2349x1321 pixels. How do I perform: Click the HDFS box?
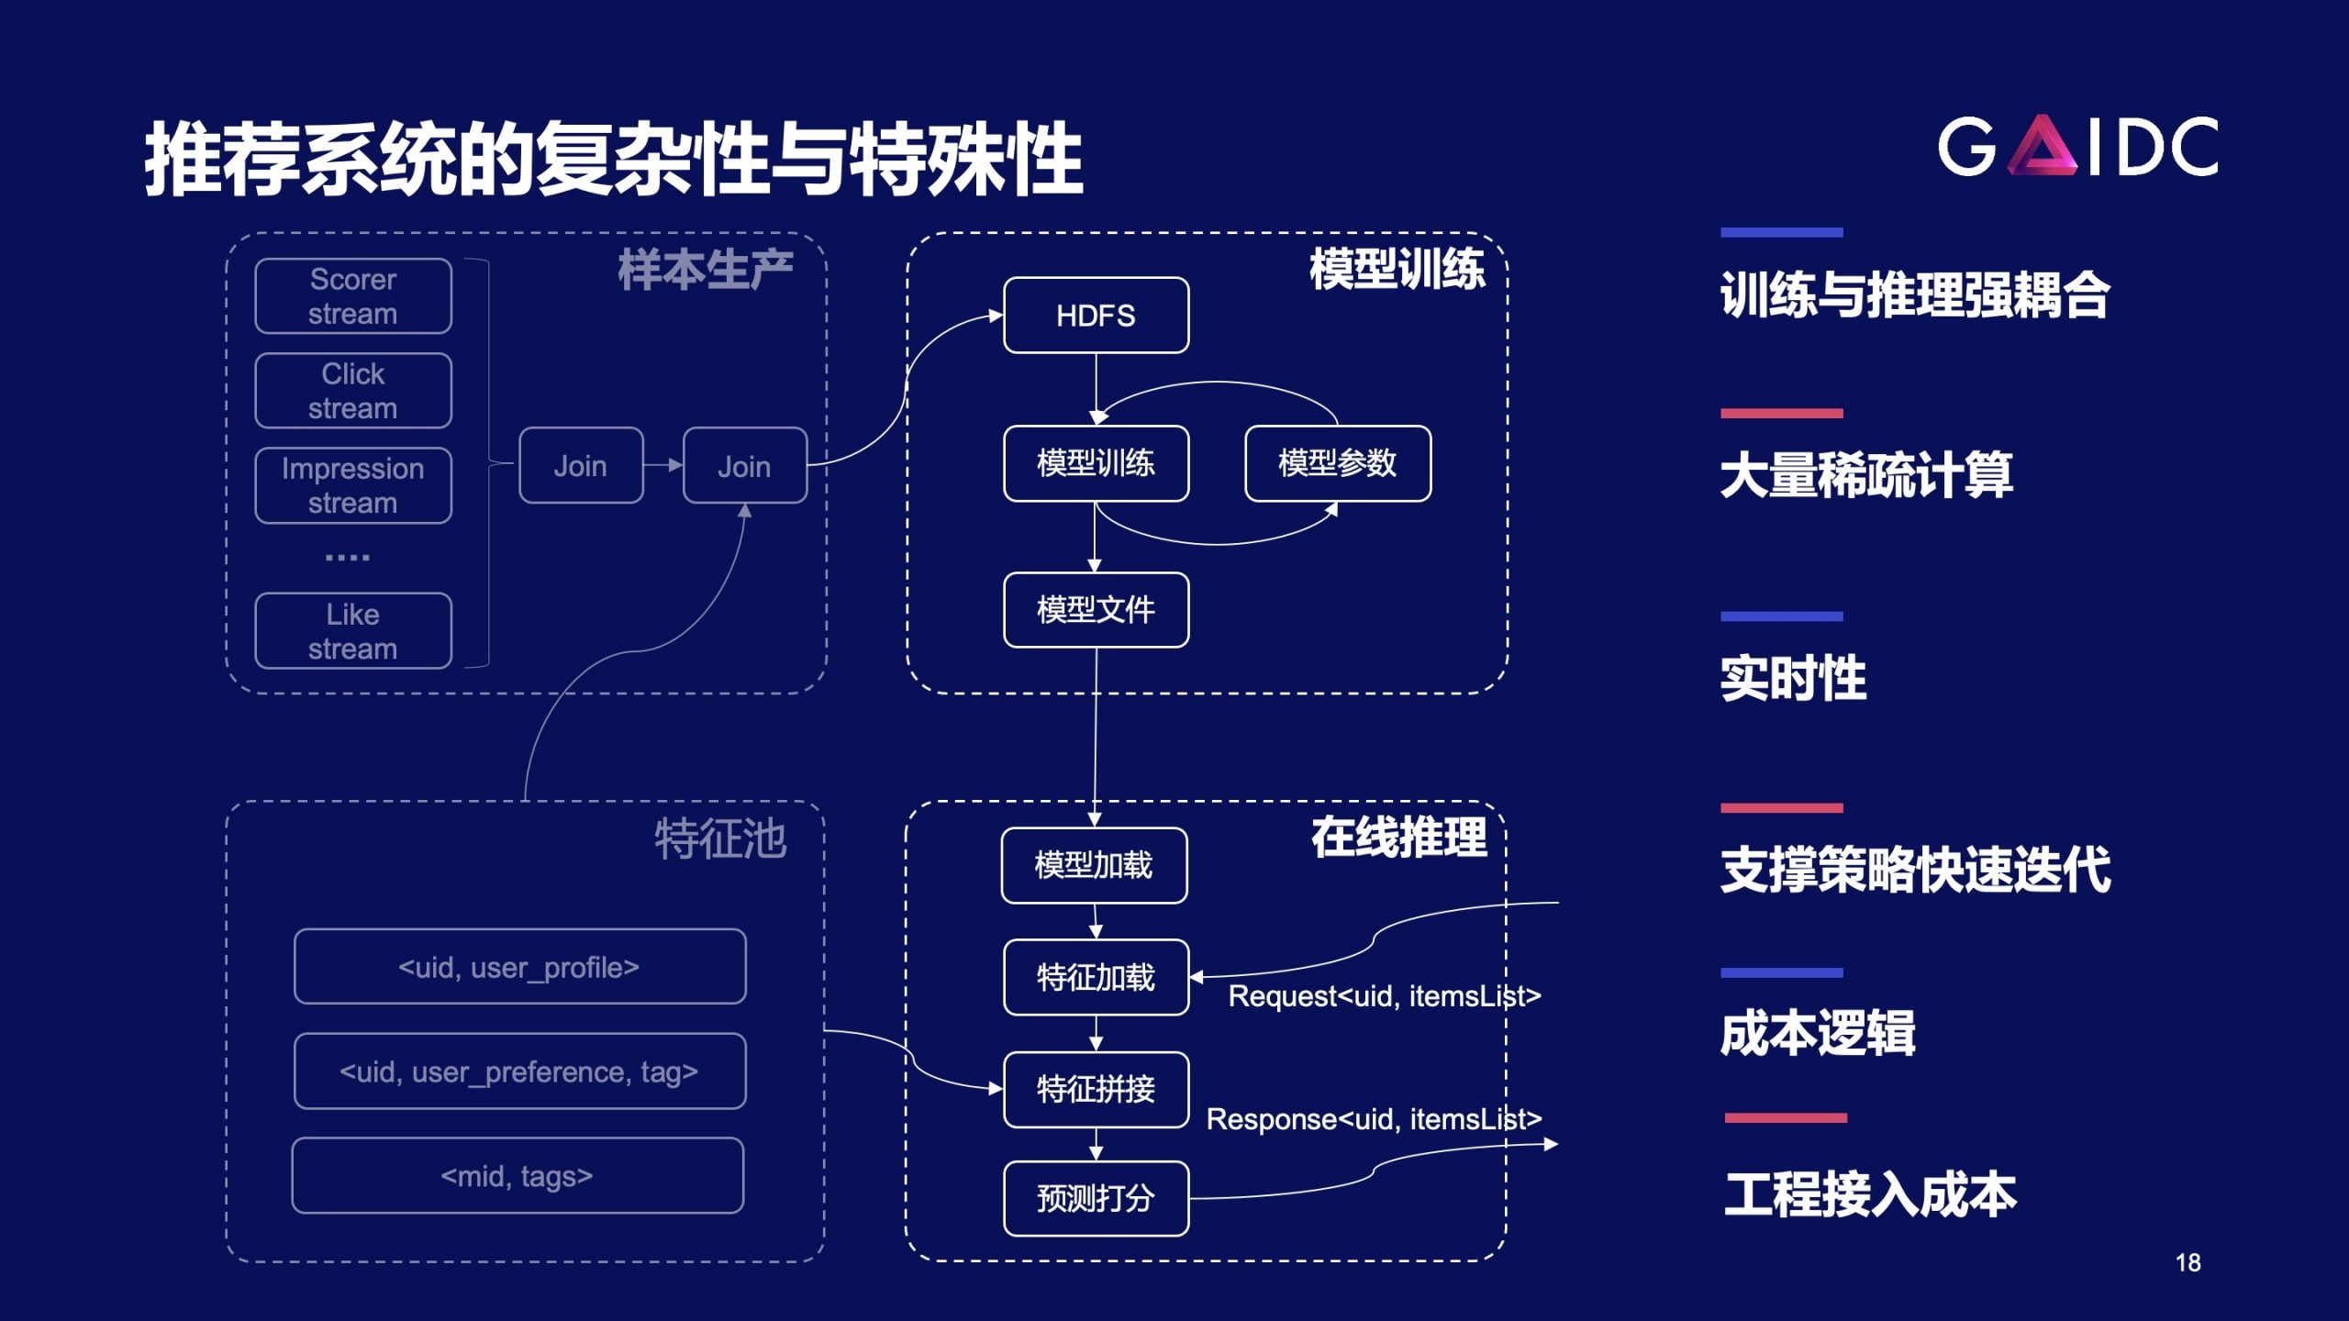click(x=1096, y=316)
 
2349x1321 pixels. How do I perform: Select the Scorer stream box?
click(x=353, y=296)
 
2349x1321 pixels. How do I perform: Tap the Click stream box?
click(x=353, y=391)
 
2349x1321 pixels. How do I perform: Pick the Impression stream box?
click(x=353, y=485)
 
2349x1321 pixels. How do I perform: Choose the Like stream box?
click(x=353, y=631)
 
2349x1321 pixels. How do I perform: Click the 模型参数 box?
click(x=1338, y=463)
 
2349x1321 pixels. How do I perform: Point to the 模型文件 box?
click(x=1096, y=610)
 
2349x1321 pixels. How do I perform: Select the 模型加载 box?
click(x=1094, y=865)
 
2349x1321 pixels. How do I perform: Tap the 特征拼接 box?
click(x=1096, y=1090)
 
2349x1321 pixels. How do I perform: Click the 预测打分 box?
click(x=1096, y=1198)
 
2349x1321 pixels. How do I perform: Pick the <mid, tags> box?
click(x=518, y=1176)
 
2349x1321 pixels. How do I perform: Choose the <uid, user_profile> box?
click(x=519, y=967)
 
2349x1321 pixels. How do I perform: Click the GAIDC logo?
click(x=2077, y=145)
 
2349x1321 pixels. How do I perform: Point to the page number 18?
click(x=2188, y=1263)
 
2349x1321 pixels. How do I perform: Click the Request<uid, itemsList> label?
click(x=1385, y=996)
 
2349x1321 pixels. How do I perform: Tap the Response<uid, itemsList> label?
click(x=1374, y=1119)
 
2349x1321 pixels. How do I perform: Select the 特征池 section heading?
click(x=720, y=838)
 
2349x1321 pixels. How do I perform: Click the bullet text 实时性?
click(x=1793, y=679)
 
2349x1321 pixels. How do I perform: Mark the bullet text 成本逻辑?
click(x=1818, y=1034)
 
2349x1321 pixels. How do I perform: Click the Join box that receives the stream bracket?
click(x=581, y=466)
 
